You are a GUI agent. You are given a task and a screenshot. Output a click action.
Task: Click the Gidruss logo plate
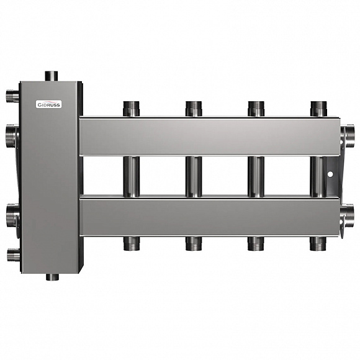[x=48, y=104]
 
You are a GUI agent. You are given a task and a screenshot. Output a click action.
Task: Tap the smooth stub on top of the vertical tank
[x=51, y=76]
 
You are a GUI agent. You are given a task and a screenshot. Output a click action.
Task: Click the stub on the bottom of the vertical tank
[x=52, y=277]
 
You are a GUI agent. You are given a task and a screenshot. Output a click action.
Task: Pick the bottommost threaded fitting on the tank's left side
[x=13, y=254]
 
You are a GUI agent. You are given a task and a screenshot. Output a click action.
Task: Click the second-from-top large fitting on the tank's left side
[x=11, y=136]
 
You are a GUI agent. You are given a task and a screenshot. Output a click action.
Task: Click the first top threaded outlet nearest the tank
[x=132, y=109]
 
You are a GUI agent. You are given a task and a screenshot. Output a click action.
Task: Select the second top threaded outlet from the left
[x=194, y=109]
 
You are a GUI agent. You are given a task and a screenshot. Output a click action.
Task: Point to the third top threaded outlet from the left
[x=256, y=109]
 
